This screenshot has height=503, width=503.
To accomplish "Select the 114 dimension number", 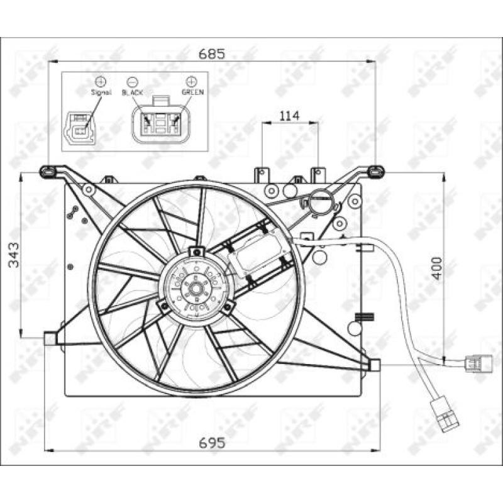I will [289, 115].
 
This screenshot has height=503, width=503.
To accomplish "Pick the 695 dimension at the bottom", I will [212, 443].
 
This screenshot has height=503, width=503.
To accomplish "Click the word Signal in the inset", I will [101, 92].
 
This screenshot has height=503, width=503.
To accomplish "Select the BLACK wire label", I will [133, 92].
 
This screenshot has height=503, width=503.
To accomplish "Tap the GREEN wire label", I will [192, 92].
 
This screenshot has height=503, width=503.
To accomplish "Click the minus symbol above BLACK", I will [133, 81].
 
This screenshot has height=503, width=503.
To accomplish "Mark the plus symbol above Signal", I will [101, 81].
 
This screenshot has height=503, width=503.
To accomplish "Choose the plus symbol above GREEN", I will [191, 81].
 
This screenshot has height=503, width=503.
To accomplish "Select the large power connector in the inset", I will [162, 120].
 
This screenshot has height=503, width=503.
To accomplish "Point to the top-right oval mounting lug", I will [375, 170].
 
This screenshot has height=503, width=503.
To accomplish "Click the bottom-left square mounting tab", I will [50, 338].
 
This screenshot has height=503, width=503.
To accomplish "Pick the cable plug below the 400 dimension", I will [475, 363].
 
